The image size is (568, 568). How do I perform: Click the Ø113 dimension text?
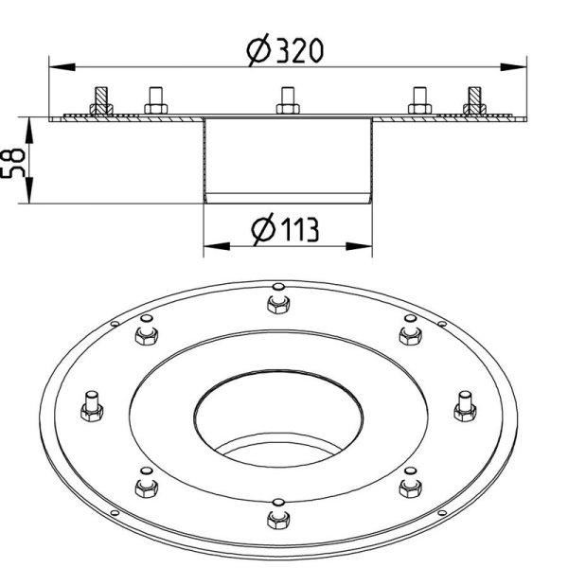point(286,229)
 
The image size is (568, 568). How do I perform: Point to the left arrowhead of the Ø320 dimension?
point(62,67)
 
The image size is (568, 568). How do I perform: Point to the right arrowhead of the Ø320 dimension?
point(513,67)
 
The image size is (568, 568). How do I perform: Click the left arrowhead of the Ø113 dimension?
point(217,246)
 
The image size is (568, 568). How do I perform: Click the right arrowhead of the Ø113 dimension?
point(360,246)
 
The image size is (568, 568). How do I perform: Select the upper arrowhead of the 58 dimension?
point(29,130)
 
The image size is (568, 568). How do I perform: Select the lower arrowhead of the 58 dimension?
point(29,190)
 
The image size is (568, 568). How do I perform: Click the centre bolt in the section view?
point(288,100)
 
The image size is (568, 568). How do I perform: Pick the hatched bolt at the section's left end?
point(101,101)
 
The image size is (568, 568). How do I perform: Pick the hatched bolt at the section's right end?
point(474,101)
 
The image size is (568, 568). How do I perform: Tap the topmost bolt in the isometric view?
point(278,298)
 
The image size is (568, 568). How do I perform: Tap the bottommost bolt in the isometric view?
point(278,514)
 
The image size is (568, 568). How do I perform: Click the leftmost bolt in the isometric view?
point(92,406)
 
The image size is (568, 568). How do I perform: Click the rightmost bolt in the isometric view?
point(465,406)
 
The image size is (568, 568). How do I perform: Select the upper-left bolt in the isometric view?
point(147,330)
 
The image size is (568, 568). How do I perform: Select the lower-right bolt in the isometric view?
point(411,483)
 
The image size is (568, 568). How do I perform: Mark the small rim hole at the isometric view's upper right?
point(442,324)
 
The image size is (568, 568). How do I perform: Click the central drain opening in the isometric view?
point(278,418)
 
